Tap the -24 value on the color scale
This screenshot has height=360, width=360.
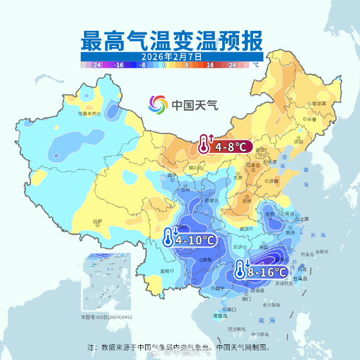pos(95,65)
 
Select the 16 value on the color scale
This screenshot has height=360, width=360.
pos(210,65)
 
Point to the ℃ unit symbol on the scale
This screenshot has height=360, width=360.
pos(256,65)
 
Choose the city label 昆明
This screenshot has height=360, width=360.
pos(165,271)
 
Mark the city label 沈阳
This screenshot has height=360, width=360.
pos(298,141)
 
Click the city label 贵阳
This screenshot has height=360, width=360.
pos(207,259)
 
